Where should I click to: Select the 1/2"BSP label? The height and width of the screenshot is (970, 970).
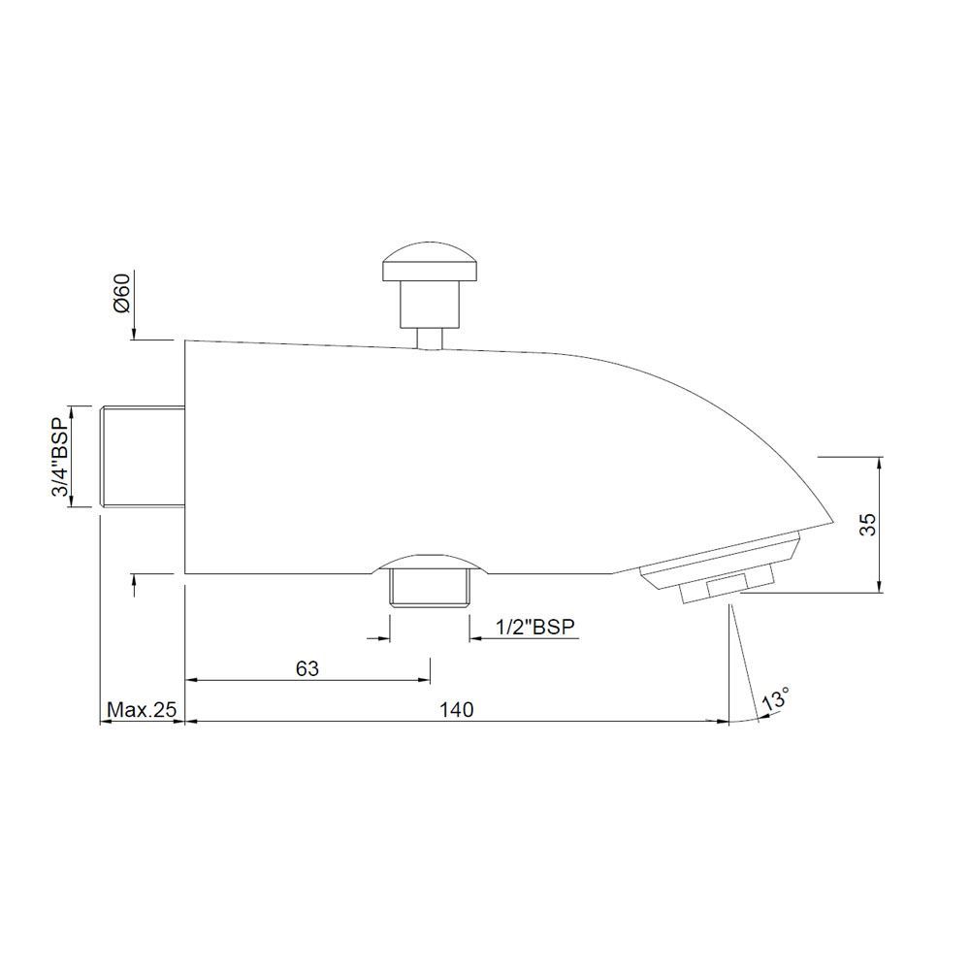tap(535, 628)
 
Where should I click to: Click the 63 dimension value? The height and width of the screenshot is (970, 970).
tap(307, 668)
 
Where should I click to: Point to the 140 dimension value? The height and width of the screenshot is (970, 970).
tap(456, 710)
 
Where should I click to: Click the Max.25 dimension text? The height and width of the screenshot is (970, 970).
tap(142, 710)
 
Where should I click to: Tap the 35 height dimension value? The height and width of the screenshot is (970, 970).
tap(868, 524)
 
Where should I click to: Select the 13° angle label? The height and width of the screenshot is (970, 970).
tap(776, 698)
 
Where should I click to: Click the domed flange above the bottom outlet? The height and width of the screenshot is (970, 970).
tap(428, 564)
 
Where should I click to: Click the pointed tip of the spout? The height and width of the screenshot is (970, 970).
tap(834, 522)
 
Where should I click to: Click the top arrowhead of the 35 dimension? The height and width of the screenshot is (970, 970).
tap(879, 462)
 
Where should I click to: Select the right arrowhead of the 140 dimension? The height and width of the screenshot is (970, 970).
tap(723, 722)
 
